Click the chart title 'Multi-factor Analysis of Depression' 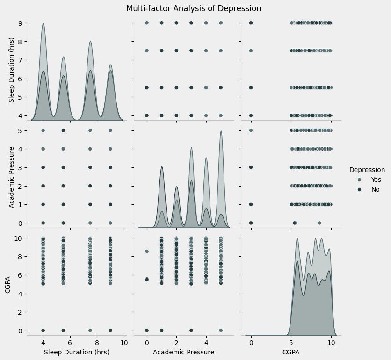click(194, 8)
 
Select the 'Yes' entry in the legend click(376, 180)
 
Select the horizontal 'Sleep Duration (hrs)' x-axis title click(76, 352)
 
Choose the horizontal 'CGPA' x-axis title click(288, 352)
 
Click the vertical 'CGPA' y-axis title click(7, 285)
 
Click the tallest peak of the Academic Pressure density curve click(221, 131)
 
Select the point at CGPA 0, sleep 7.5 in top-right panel click(251, 50)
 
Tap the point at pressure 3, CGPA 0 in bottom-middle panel click(191, 331)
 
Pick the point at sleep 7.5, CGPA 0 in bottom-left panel click(90, 331)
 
